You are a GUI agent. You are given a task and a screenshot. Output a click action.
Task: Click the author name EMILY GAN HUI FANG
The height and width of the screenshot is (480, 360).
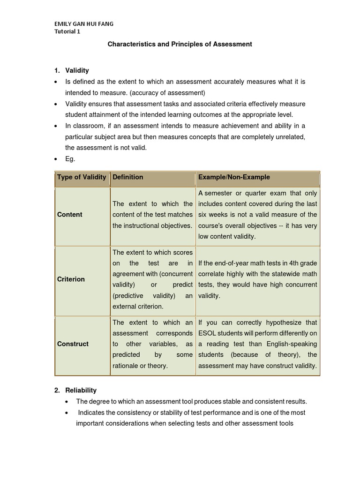(x=83, y=24)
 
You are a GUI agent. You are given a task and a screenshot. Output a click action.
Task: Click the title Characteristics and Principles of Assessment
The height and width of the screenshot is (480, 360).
(x=180, y=44)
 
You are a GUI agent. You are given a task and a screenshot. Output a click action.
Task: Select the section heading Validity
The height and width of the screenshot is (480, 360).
(x=77, y=70)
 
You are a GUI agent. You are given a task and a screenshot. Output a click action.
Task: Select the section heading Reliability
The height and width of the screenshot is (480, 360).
(x=81, y=390)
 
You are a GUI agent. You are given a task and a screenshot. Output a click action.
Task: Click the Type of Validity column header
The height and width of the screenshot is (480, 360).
(x=82, y=177)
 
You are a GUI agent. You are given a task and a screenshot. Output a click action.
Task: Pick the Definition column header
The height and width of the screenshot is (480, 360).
(x=128, y=177)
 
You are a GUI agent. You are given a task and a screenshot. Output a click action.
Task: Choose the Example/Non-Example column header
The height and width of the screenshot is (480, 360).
(x=234, y=177)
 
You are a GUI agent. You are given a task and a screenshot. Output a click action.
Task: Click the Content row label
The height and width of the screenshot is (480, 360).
(x=69, y=215)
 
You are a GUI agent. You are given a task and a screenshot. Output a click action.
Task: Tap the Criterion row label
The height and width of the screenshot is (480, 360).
(x=71, y=279)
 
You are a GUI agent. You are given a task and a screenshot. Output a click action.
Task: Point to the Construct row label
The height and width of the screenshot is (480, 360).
(x=73, y=344)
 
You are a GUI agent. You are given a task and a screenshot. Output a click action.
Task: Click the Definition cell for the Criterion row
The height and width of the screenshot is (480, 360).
(x=152, y=279)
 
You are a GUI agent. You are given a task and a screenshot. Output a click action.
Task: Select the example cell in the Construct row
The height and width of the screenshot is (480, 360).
(x=257, y=344)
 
